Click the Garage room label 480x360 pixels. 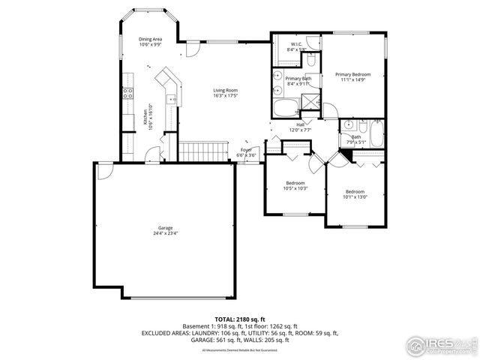click(166, 226)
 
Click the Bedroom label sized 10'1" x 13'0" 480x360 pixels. click(354, 193)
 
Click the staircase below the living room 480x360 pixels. click(205, 150)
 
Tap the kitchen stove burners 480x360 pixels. click(127, 94)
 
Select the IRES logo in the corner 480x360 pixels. click(439, 345)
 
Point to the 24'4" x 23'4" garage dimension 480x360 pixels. click(166, 232)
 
